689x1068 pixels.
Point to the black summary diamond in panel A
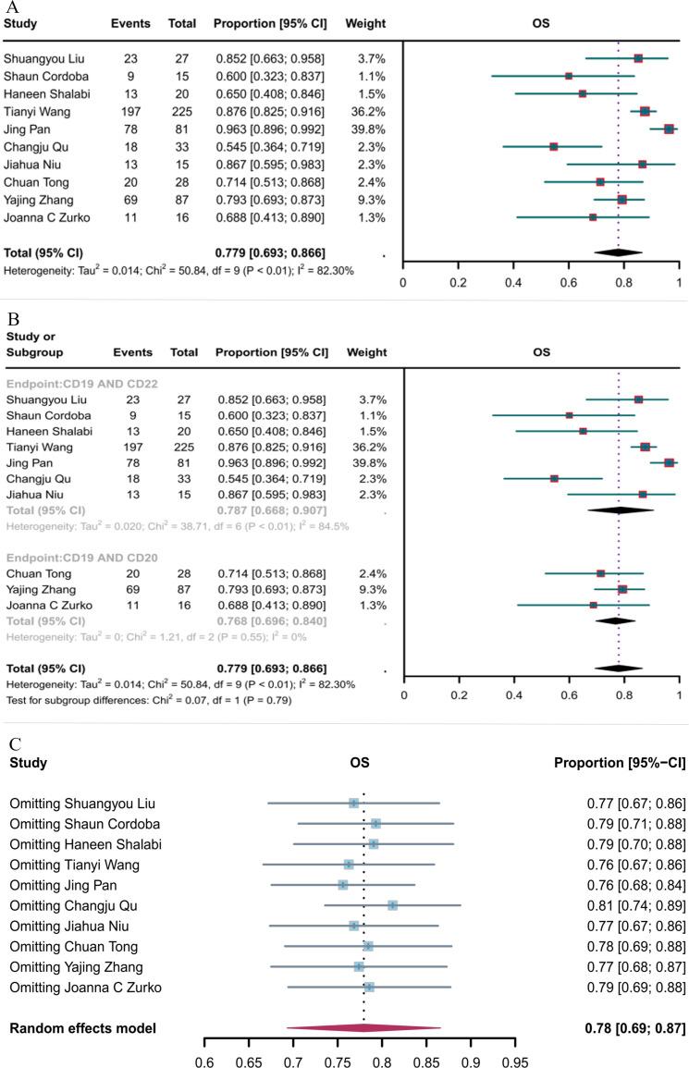click(x=618, y=251)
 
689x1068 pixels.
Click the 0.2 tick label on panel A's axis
click(x=457, y=284)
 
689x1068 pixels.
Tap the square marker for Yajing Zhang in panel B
click(x=622, y=589)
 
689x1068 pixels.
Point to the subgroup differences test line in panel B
click(x=148, y=700)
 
